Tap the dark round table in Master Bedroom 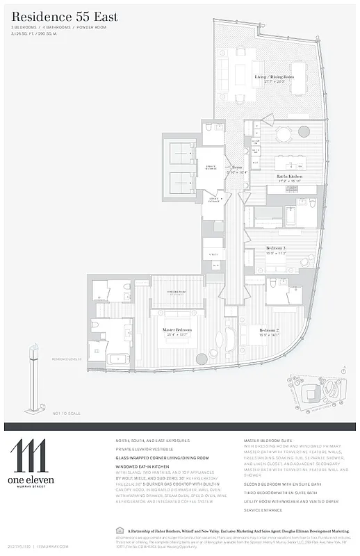coord(202,359)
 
